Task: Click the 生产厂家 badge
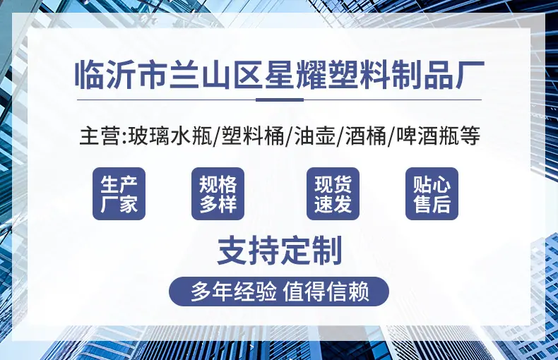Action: pos(119,194)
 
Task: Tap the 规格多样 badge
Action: pos(218,194)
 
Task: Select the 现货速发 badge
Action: pos(333,194)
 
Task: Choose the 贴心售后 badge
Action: pos(432,194)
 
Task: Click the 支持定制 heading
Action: pos(280,251)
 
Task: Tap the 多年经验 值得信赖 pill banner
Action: pos(279,292)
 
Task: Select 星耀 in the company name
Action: pos(295,75)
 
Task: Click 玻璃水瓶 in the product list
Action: pos(170,136)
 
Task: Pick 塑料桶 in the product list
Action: pos(253,136)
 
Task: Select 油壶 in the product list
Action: pos(315,136)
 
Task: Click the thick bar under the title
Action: pos(280,100)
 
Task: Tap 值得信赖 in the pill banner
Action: pos(326,292)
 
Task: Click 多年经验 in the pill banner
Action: pos(234,292)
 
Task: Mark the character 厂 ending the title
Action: pos(470,75)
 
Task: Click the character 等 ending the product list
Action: pos(470,136)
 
